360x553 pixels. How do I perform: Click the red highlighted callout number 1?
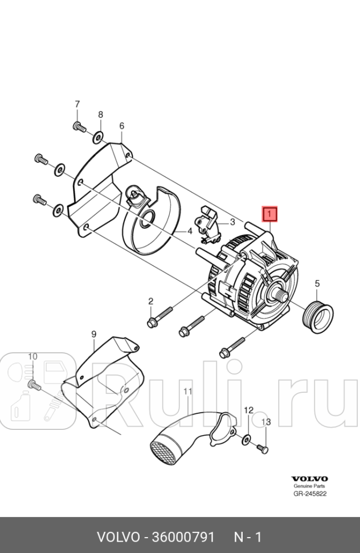[x=269, y=214]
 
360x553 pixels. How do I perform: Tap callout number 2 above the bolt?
[x=151, y=301]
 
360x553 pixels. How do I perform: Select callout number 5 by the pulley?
[x=317, y=283]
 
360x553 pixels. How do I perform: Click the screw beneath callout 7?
[x=79, y=127]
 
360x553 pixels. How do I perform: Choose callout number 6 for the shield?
[x=121, y=126]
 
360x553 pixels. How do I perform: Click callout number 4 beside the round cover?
[x=190, y=232]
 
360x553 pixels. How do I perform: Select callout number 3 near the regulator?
[x=232, y=222]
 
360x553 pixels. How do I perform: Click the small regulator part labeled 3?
[x=208, y=221]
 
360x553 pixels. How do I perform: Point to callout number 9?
[x=94, y=334]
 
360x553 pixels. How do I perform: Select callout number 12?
[x=248, y=410]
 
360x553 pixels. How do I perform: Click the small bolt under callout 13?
[x=263, y=449]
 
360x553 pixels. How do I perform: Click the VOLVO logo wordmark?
[x=309, y=478]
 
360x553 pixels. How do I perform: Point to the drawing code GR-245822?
[x=310, y=494]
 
